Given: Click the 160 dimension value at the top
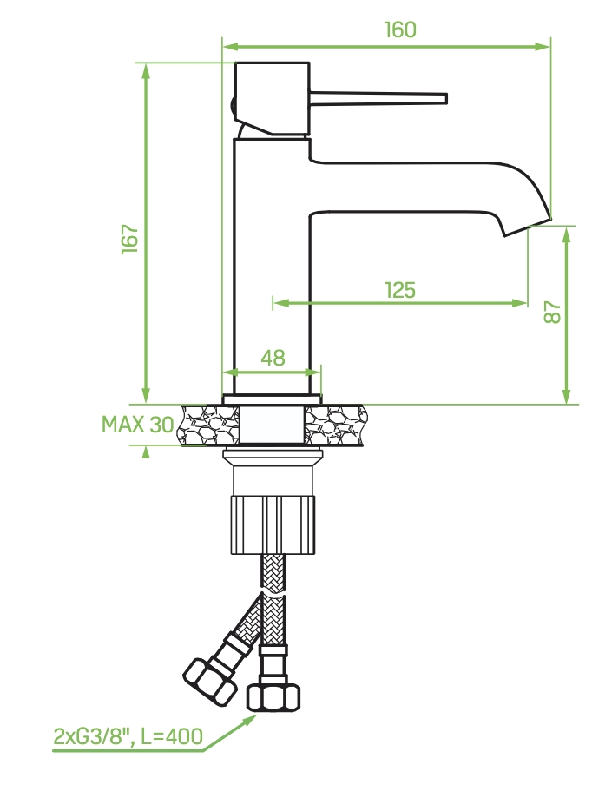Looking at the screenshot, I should (400, 30).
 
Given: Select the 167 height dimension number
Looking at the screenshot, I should (129, 239).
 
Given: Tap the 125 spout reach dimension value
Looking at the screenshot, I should (400, 289).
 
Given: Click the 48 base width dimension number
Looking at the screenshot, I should (273, 358).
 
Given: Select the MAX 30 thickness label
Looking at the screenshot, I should (137, 425).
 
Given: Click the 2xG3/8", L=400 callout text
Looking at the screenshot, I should (128, 737).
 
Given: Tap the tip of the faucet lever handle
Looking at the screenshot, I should (444, 98).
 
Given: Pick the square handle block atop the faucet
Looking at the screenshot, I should (273, 98).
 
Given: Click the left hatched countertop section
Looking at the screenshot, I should (208, 425).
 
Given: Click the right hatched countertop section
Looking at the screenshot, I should (335, 425).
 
